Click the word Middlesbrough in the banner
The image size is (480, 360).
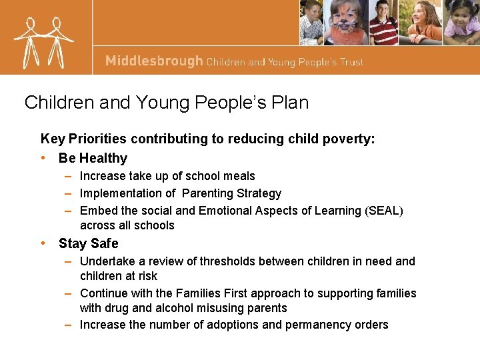153,61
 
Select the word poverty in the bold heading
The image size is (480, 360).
348,139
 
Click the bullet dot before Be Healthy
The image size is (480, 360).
43,158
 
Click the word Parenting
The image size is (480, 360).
207,193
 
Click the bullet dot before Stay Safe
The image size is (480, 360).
43,243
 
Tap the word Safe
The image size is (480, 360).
104,243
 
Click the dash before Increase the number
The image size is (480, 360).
69,325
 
